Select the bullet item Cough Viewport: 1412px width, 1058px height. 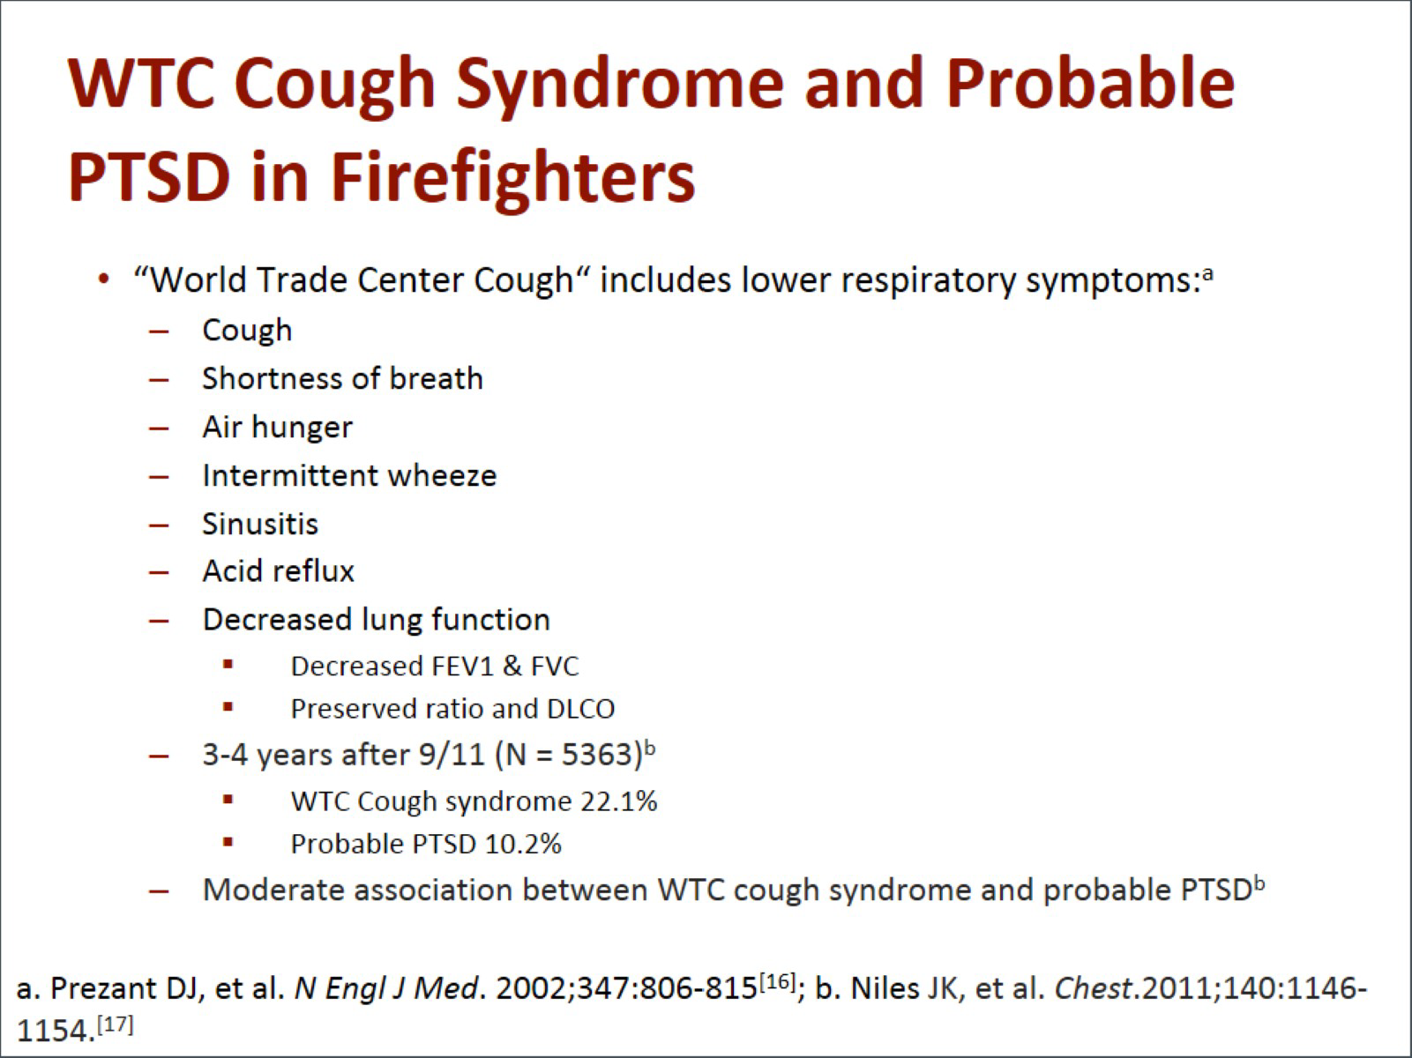[247, 331]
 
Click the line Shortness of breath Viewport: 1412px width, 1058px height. [342, 378]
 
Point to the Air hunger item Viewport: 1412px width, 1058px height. [277, 428]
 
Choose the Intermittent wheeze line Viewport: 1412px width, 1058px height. [349, 475]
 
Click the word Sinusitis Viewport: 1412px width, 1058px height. [260, 524]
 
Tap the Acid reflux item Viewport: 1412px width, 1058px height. [278, 570]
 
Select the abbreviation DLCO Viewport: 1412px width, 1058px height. [580, 709]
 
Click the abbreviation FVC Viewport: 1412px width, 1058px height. [555, 667]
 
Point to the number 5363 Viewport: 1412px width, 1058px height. [598, 755]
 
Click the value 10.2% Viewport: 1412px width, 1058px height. [523, 844]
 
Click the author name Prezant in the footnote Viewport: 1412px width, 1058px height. [103, 988]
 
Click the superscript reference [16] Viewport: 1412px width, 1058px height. [777, 981]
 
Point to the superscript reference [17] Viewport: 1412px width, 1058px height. [116, 1024]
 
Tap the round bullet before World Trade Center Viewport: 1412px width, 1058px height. [103, 280]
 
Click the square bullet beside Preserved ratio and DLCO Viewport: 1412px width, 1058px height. [228, 707]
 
